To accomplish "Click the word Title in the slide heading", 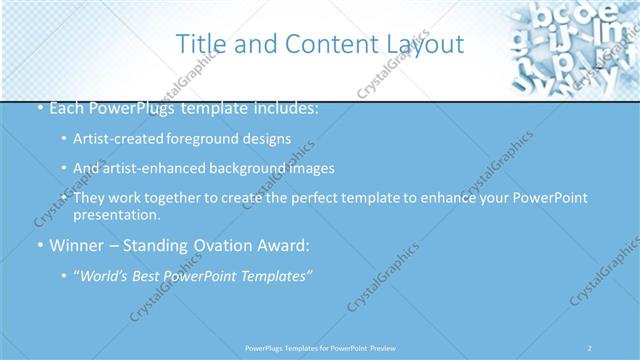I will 199,44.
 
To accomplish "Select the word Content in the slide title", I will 325,44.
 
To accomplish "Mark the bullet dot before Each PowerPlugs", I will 39,107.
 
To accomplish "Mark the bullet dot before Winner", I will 39,246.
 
